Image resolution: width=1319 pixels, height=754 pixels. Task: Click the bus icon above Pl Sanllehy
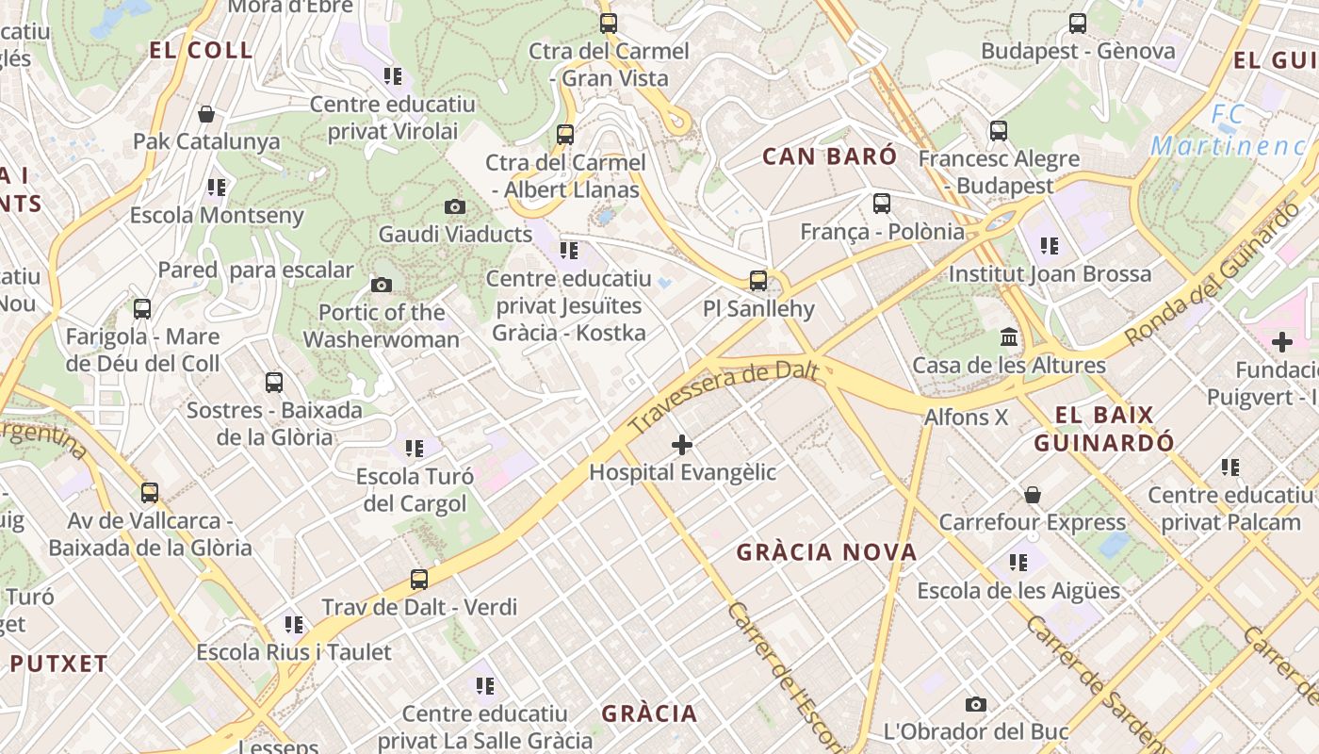tap(758, 280)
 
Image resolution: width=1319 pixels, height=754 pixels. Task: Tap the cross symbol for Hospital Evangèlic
tap(682, 444)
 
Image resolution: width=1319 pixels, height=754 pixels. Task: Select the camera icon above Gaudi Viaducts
tap(455, 206)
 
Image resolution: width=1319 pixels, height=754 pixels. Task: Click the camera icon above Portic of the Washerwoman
tap(382, 285)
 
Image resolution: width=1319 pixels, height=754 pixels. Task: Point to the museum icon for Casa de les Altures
tap(1009, 336)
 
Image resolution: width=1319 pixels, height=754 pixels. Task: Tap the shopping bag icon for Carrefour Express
tap(1033, 495)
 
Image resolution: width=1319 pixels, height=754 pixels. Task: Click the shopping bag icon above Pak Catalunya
tap(206, 114)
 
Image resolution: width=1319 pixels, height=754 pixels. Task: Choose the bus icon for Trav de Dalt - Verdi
tap(419, 580)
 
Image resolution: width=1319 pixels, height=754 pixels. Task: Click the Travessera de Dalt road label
tap(723, 398)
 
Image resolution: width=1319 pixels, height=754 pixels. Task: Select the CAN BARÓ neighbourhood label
tap(830, 156)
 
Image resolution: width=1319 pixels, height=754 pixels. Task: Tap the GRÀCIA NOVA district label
tap(826, 552)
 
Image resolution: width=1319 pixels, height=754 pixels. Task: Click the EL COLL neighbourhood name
tap(202, 51)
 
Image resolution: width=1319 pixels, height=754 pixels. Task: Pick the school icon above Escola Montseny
tap(218, 188)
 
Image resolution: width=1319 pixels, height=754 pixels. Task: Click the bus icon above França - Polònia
tap(882, 203)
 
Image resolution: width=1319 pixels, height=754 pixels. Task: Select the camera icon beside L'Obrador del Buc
tap(976, 704)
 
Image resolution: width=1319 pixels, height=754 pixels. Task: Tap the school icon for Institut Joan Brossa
tap(1050, 247)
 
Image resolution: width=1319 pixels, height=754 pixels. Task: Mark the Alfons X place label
tap(966, 417)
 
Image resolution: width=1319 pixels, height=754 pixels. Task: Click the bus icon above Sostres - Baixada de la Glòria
tap(274, 382)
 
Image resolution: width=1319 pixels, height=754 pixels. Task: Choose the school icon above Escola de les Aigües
tap(1018, 563)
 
